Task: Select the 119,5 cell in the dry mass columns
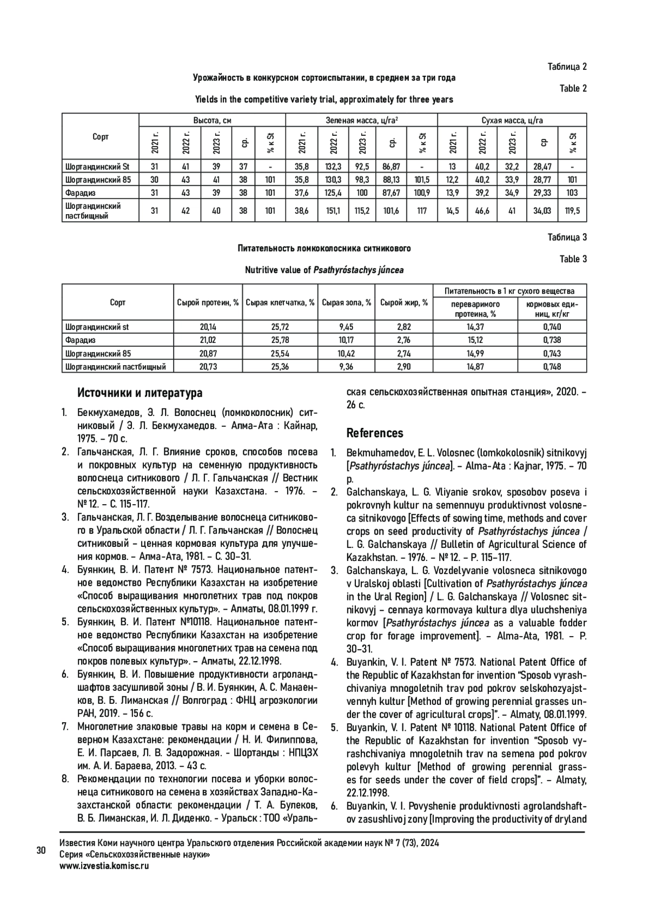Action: pos(573,211)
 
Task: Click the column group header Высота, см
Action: pos(212,120)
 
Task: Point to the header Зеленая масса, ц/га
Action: pos(361,120)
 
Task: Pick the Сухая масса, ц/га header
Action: pos(512,120)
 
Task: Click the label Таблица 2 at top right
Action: pos(567,67)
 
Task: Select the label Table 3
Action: pos(573,259)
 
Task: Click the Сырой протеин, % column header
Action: pos(208,302)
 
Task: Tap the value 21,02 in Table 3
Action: pos(208,340)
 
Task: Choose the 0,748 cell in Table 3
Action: pos(552,366)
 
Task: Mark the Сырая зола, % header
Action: pos(346,302)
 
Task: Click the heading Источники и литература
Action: pos(140,393)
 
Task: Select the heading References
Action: pos(375,433)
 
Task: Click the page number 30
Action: pos(41,850)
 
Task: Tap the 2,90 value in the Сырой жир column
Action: pos(404,366)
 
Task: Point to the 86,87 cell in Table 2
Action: pos(391,167)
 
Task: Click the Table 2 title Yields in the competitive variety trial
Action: pos(324,100)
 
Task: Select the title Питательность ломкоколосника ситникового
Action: pos(324,248)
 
